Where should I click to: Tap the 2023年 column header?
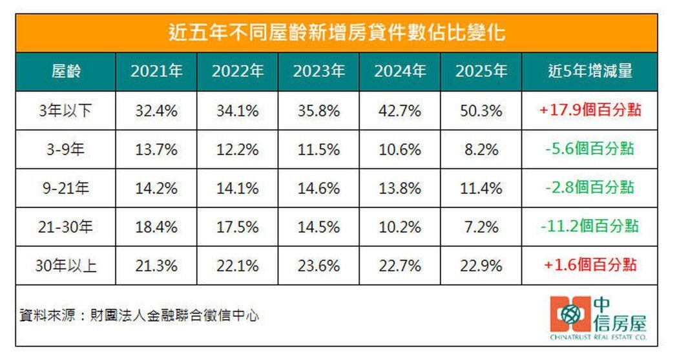pyautogui.click(x=318, y=71)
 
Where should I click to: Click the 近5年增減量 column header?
pyautogui.click(x=588, y=71)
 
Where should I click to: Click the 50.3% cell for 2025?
pyautogui.click(x=480, y=111)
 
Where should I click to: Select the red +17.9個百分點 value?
pyautogui.click(x=588, y=111)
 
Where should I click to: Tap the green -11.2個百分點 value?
pyautogui.click(x=588, y=227)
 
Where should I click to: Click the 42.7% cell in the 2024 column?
pyautogui.click(x=399, y=111)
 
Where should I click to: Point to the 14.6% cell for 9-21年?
pyautogui.click(x=318, y=188)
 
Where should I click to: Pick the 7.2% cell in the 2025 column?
pyautogui.click(x=480, y=227)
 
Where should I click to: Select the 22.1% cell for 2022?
pyautogui.click(x=237, y=266)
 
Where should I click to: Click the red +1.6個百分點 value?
pyautogui.click(x=588, y=266)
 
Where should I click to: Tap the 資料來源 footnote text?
pyautogui.click(x=139, y=316)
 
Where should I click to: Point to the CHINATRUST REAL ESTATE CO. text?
pyautogui.click(x=598, y=337)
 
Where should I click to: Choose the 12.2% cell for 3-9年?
pyautogui.click(x=237, y=149)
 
